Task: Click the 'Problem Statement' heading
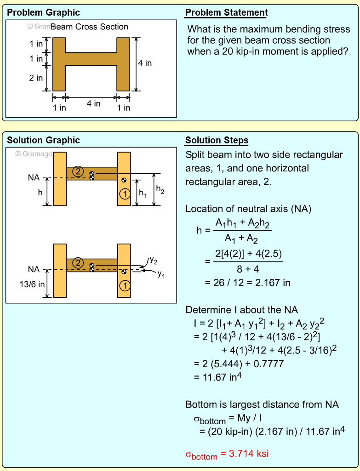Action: tap(226, 12)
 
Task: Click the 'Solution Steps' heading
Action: tap(217, 140)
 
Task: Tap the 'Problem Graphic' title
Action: tap(43, 12)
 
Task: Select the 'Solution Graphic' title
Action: tap(43, 140)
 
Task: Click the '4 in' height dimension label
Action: tap(145, 63)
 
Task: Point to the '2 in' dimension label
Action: tap(36, 78)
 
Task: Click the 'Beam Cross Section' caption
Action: tap(89, 27)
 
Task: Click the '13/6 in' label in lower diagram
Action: tap(32, 284)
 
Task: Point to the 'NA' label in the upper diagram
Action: tap(34, 177)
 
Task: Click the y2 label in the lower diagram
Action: tap(154, 261)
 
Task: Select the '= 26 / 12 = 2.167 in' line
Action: tap(247, 283)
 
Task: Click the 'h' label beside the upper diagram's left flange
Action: tap(40, 193)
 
